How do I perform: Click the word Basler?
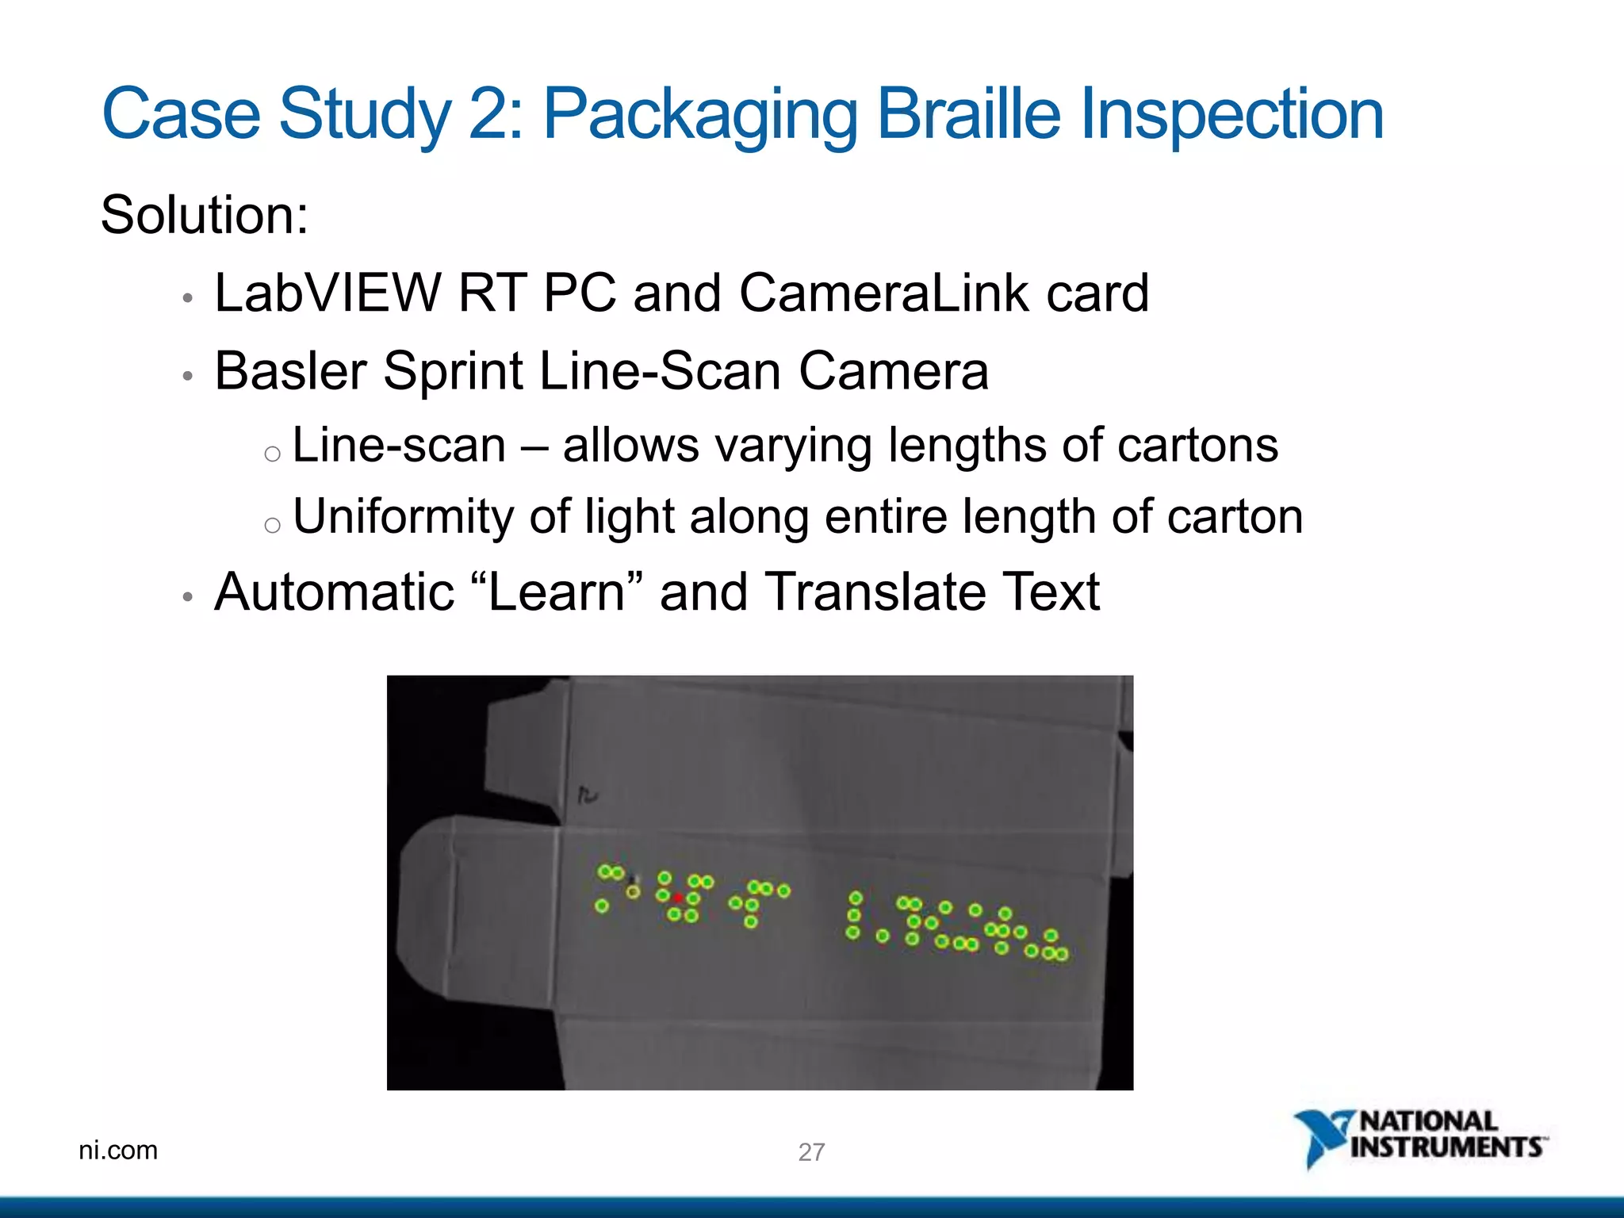(291, 371)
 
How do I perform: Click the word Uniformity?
(403, 517)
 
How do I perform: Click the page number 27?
(811, 1151)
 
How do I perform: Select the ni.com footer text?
(118, 1150)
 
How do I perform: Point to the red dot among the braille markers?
(678, 898)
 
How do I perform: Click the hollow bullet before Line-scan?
(272, 454)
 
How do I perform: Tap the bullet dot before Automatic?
(187, 597)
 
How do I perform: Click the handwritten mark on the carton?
(588, 795)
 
